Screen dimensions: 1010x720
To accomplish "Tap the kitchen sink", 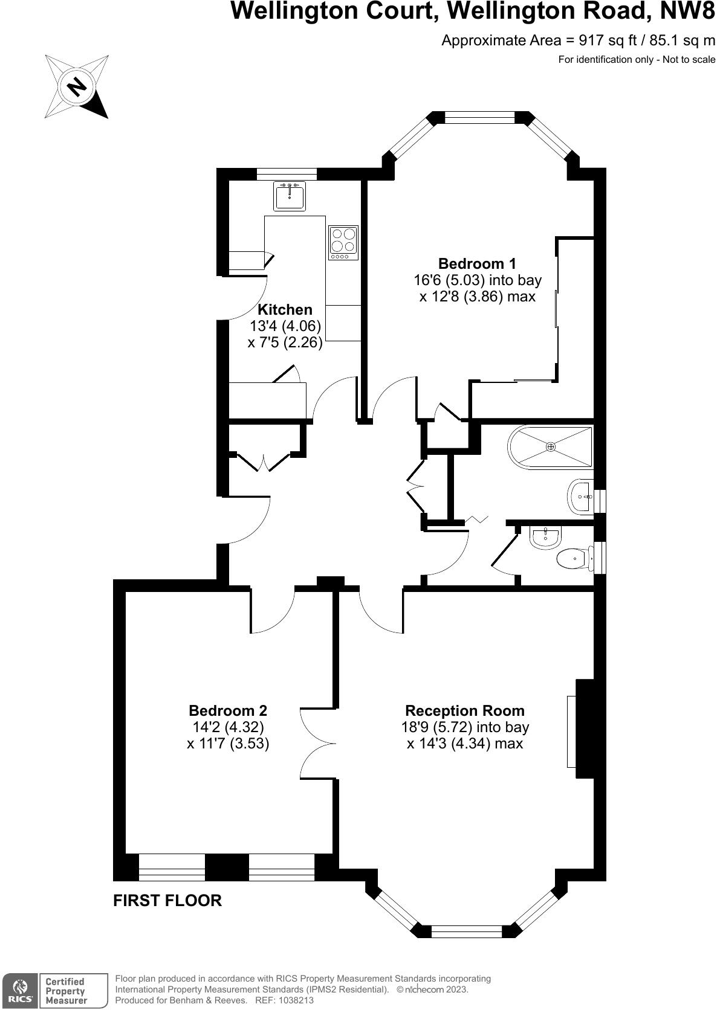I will pos(289,196).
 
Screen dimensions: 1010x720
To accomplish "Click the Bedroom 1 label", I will pos(477,263).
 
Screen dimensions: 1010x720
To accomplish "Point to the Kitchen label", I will pos(285,310).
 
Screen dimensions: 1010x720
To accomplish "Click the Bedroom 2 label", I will pos(227,710).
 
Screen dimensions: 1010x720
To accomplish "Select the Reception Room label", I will pos(465,710).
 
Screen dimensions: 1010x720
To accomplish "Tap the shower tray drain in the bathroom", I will pos(550,446).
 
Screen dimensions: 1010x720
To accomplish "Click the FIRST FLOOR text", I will pos(167,901).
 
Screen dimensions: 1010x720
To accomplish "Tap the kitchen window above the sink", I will pos(287,174).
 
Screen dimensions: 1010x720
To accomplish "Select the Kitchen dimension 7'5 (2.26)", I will pos(285,343).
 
